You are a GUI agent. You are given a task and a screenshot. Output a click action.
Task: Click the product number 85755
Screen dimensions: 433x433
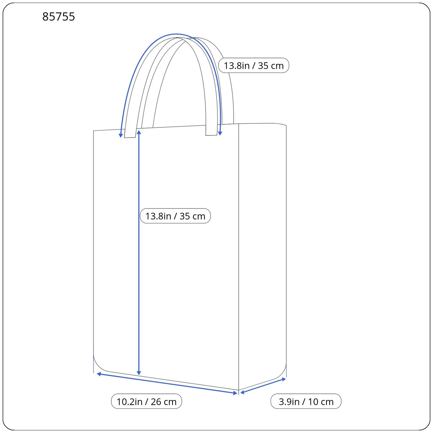pyautogui.click(x=58, y=17)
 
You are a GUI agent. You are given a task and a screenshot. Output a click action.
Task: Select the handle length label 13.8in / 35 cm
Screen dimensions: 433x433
pyautogui.click(x=254, y=65)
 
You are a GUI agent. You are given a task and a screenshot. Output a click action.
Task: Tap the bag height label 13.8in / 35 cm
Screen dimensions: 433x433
pyautogui.click(x=175, y=216)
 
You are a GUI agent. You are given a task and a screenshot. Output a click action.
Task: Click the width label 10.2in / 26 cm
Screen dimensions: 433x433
pyautogui.click(x=146, y=402)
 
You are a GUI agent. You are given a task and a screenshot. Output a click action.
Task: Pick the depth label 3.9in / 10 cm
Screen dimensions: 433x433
pyautogui.click(x=306, y=402)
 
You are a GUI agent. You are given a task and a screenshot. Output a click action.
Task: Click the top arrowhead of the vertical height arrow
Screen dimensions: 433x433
pyautogui.click(x=139, y=132)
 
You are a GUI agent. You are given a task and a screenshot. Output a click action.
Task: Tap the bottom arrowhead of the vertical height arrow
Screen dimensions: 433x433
pyautogui.click(x=139, y=373)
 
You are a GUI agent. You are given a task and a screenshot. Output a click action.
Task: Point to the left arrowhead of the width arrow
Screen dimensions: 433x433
pyautogui.click(x=99, y=374)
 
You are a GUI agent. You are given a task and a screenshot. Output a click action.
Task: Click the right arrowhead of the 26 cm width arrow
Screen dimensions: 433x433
pyautogui.click(x=235, y=393)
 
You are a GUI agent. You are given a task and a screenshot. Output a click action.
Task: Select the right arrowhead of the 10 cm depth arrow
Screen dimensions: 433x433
pyautogui.click(x=284, y=379)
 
